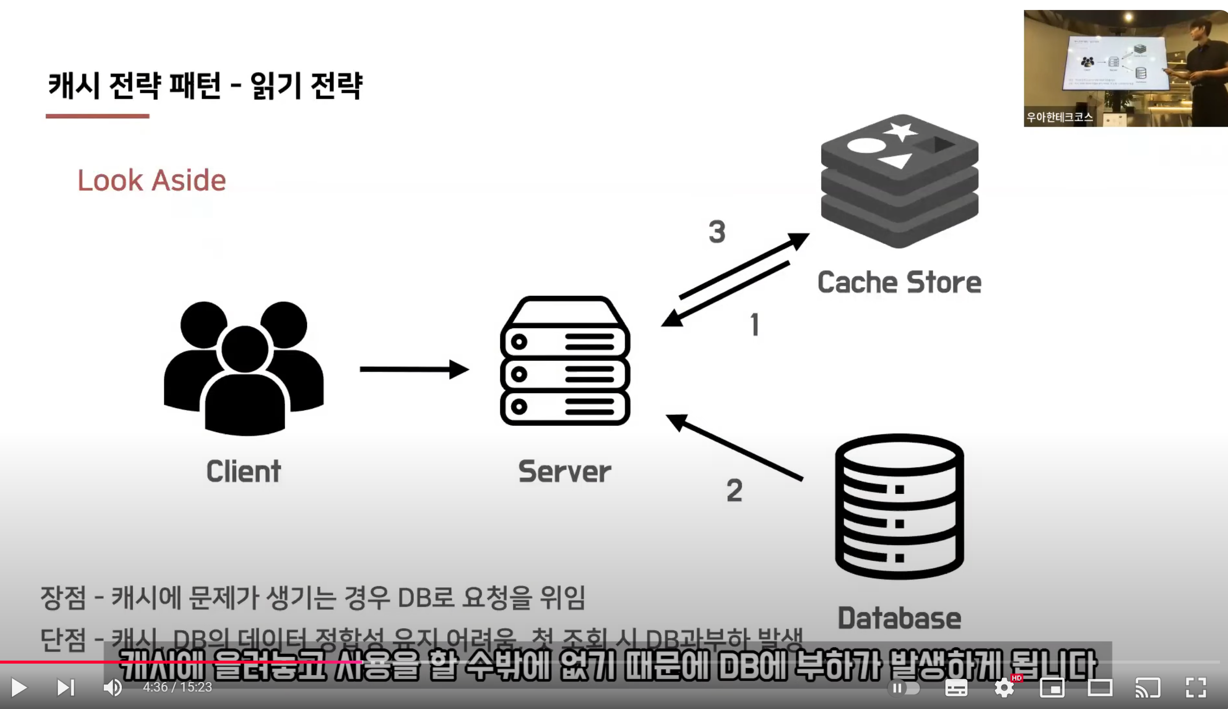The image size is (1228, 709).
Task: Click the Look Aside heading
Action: tap(151, 180)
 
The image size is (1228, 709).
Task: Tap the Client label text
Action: tap(244, 472)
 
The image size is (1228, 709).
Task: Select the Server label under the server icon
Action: tap(565, 472)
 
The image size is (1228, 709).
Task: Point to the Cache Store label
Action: tap(899, 282)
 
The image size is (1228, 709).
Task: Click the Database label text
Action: tap(899, 619)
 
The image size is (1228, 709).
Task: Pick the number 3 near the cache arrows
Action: tap(717, 232)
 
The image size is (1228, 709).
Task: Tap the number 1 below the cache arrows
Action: tap(755, 325)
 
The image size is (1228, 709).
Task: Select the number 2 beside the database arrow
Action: tap(734, 490)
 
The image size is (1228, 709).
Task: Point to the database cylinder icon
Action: tap(899, 506)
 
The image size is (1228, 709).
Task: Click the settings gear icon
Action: tap(1004, 688)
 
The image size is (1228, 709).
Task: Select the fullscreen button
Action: tap(1196, 688)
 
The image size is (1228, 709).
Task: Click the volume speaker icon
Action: tap(112, 688)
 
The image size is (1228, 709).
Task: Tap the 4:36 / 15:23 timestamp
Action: tap(177, 688)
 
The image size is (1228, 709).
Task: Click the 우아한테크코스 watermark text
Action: tap(1059, 117)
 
